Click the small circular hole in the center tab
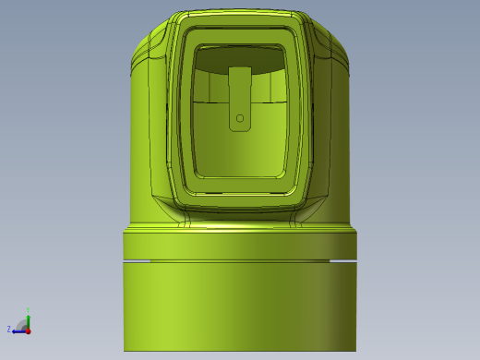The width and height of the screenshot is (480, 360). click(240, 118)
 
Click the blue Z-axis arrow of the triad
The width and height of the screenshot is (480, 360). click(18, 330)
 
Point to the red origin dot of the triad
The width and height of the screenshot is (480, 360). click(28, 330)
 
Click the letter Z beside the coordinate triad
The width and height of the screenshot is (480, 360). click(9, 329)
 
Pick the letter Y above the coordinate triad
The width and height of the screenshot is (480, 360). click(28, 310)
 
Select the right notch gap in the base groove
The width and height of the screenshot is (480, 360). click(342, 261)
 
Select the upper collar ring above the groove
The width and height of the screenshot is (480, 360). click(240, 245)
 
